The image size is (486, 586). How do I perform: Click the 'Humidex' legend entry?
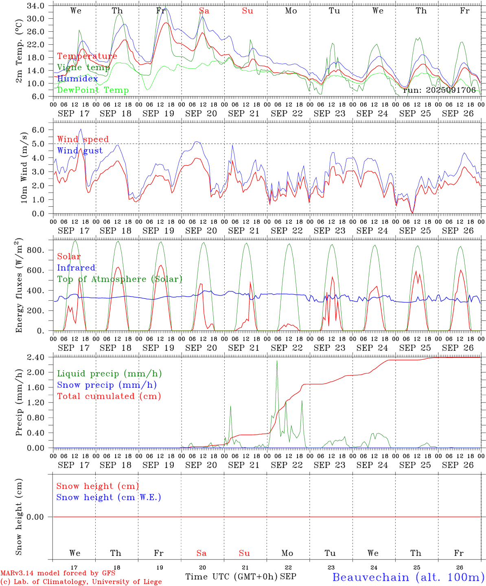coord(77,79)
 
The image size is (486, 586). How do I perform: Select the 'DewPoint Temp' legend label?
coord(93,90)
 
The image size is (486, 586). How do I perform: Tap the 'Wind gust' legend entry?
coord(80,151)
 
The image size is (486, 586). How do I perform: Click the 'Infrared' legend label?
coord(76,268)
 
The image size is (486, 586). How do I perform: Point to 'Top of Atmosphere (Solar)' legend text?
coord(120,279)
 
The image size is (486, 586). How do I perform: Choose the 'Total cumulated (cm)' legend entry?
coord(109,396)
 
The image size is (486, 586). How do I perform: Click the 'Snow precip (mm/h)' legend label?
coord(107,385)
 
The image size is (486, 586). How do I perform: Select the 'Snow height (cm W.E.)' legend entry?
coord(109,497)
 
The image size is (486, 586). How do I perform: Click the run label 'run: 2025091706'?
coord(439,90)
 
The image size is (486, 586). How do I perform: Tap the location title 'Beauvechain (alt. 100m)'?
coord(408,577)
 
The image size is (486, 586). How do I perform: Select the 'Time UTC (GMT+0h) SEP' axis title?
coord(241,577)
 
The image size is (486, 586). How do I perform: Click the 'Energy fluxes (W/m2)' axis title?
coord(19,286)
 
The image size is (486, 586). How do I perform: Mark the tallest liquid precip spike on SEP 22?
coord(277,361)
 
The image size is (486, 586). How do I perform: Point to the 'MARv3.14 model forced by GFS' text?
coord(58,573)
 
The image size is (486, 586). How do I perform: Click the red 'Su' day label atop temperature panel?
coord(247,11)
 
